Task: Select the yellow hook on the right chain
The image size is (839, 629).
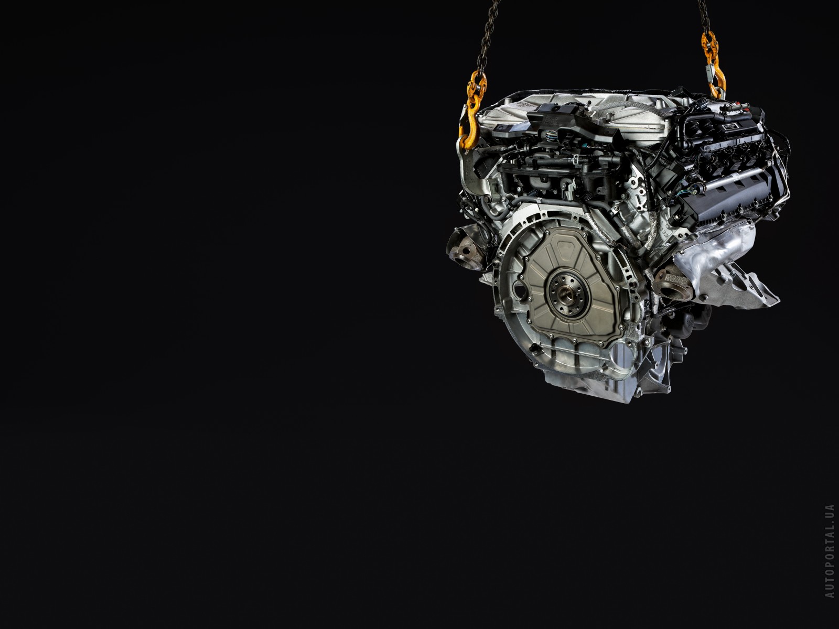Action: [712, 66]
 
